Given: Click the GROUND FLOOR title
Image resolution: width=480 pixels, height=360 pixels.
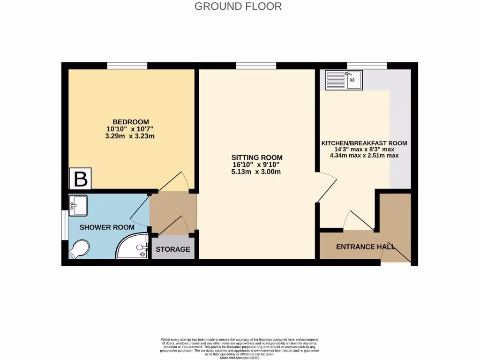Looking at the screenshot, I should (238, 7).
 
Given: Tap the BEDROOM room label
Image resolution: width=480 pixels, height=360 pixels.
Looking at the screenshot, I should (130, 122).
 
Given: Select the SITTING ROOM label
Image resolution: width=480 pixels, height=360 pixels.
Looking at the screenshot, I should (257, 157).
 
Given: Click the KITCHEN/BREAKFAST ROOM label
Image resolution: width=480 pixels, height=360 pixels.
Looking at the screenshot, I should (364, 143).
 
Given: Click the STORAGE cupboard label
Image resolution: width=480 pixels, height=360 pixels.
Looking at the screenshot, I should (173, 249).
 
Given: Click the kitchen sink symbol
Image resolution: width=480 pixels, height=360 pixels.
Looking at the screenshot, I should (343, 80).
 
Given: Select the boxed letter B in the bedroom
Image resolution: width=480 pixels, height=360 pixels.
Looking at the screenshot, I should (81, 179).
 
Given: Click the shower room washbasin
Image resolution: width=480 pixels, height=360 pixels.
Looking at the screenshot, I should (78, 206).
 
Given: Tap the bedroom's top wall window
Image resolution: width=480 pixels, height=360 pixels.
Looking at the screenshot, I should (127, 66).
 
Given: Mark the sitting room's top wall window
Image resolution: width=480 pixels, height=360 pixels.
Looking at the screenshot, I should (256, 66).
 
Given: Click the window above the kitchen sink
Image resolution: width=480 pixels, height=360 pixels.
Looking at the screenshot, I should (367, 66).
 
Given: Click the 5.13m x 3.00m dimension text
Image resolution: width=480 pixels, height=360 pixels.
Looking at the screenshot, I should (257, 172).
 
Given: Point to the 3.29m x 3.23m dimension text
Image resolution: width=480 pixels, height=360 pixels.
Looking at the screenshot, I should (130, 136).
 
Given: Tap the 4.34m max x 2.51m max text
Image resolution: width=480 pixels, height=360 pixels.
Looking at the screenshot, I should (364, 155).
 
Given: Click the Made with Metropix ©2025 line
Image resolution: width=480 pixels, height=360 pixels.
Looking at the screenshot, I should (240, 358).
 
